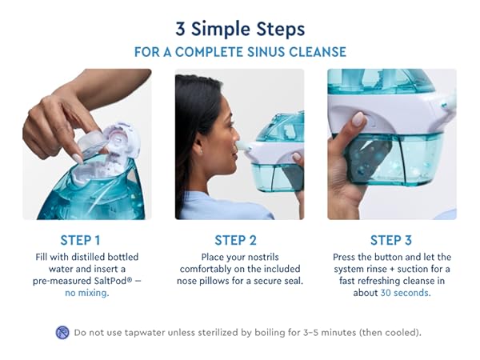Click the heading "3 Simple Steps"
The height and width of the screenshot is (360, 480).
coord(239,30)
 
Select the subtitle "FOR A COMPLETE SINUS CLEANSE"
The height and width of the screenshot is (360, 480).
coord(239,52)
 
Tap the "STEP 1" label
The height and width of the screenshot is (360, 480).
coord(81,240)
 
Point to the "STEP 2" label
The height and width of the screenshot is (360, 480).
coord(235,240)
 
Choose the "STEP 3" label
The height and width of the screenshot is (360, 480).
coord(391,240)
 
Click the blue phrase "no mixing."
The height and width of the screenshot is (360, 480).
coord(86,293)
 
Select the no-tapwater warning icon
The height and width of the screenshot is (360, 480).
coord(62,332)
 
